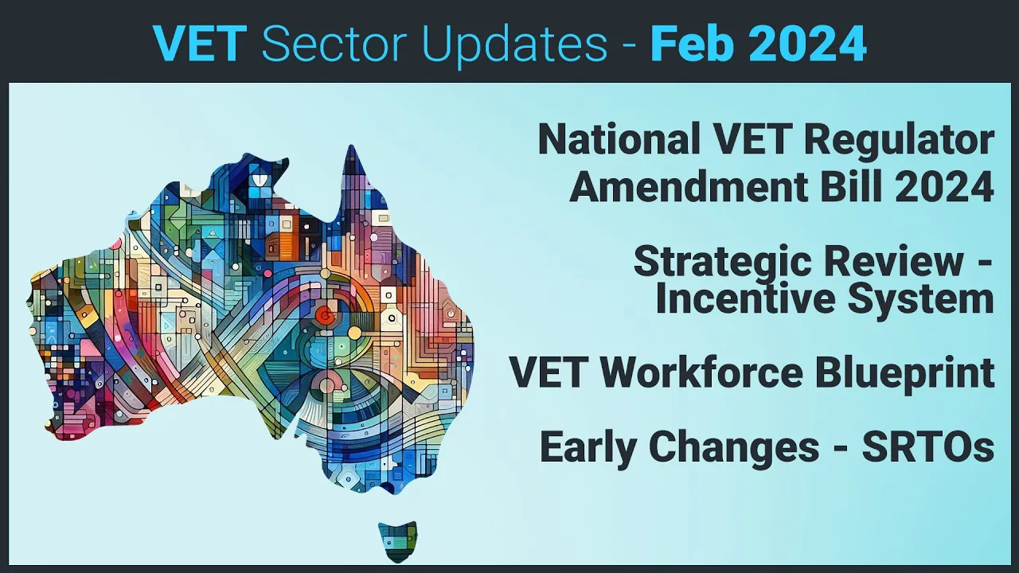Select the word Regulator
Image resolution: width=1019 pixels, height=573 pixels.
899,140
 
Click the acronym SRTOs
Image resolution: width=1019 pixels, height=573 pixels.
928,447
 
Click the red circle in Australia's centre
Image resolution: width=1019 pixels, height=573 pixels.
324,316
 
